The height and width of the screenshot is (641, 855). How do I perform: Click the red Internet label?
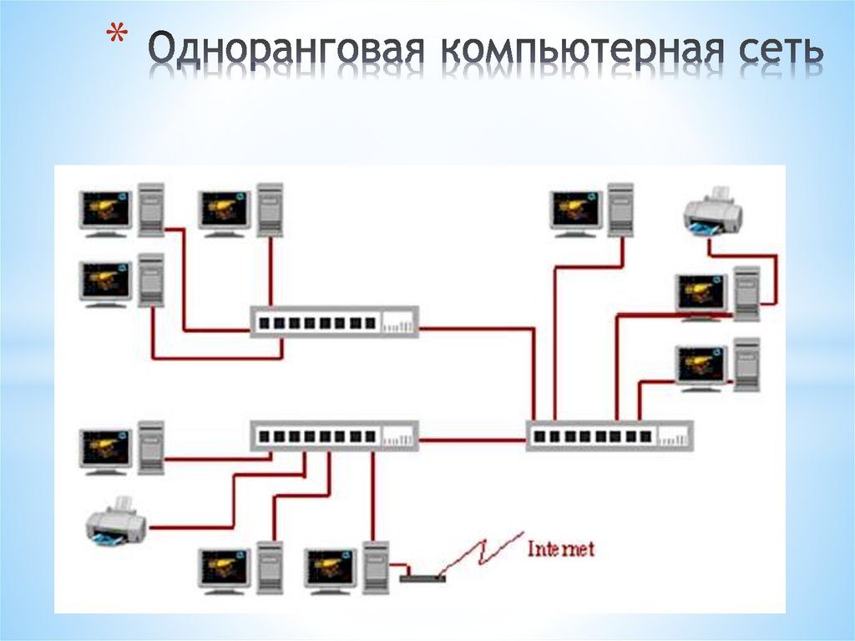pos(561,549)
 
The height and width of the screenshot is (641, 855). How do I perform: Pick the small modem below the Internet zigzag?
pos(422,577)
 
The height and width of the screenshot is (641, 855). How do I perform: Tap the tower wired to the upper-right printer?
pos(746,293)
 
